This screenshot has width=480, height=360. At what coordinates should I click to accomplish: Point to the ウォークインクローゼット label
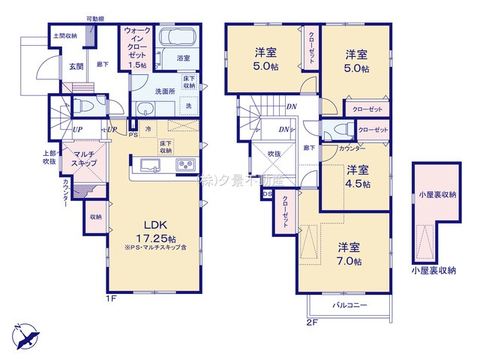[137, 47]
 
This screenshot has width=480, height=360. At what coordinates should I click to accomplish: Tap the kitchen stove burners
[184, 165]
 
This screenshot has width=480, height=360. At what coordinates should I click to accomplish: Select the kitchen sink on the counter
[148, 165]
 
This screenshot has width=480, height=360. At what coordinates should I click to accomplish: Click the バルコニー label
[349, 306]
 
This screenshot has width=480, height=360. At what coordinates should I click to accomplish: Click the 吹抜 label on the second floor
[274, 154]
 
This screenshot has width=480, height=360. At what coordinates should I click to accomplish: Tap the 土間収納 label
[64, 35]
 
